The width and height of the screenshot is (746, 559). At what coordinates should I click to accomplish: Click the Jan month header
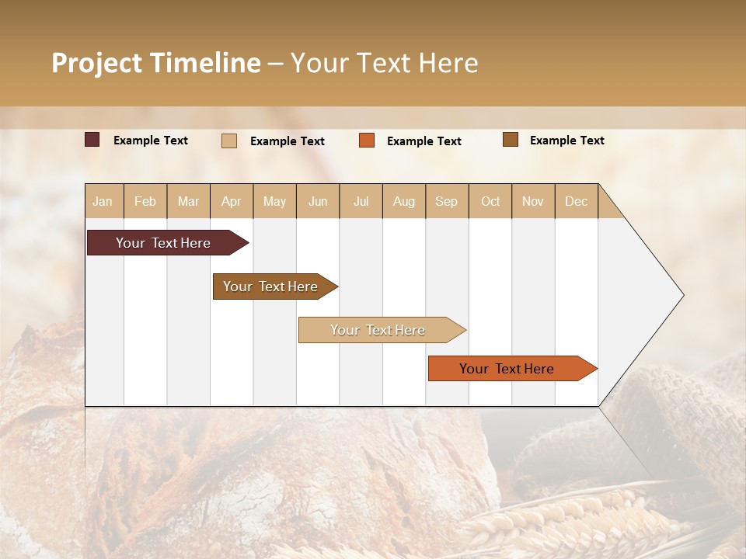103,201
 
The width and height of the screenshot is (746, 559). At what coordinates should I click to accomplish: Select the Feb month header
145,201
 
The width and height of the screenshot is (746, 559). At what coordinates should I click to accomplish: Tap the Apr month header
232,201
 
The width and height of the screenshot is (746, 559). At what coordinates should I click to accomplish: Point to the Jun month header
318,201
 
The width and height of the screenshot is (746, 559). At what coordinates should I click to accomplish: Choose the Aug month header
404,201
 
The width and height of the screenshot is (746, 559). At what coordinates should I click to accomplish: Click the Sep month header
447,201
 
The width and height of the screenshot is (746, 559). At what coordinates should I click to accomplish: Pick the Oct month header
490,201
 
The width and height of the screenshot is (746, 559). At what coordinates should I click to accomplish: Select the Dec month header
577,201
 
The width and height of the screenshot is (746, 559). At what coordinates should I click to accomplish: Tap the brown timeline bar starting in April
272,286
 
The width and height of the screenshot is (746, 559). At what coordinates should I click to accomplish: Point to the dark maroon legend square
92,140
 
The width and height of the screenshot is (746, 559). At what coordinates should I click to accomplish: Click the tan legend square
229,141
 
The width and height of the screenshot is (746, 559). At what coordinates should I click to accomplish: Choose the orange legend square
367,141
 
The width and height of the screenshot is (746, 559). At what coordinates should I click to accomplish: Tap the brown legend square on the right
511,140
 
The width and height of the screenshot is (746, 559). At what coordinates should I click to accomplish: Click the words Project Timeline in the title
155,63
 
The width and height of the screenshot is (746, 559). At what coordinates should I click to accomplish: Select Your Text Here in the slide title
385,63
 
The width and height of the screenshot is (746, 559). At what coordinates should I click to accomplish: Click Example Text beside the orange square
424,141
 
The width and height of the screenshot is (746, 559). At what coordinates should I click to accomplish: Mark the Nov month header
533,201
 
